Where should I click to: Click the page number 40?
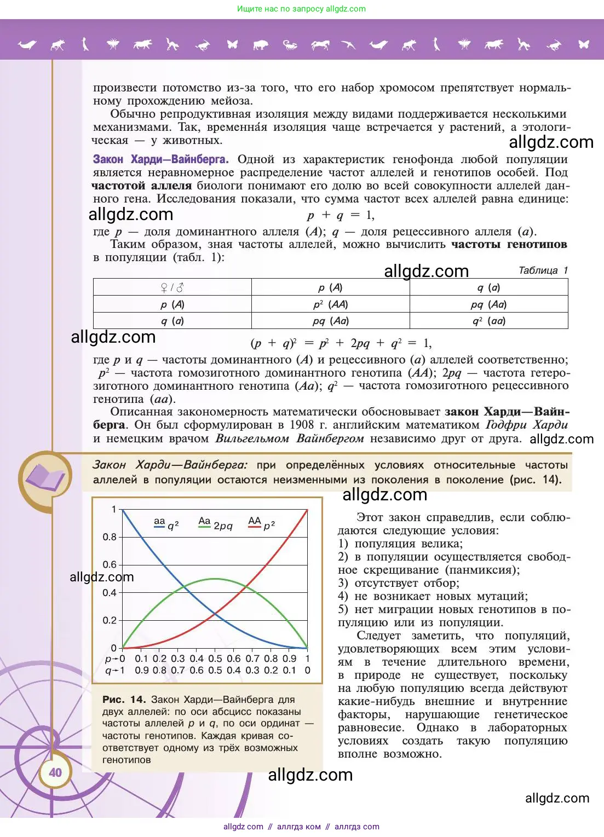tap(55, 772)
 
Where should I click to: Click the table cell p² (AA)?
tap(330, 304)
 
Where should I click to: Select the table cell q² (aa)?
tap(488, 321)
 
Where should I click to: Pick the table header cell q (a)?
tap(488, 287)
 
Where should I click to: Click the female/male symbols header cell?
tap(172, 287)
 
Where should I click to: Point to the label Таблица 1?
tap(543, 270)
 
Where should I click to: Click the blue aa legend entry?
tap(166, 524)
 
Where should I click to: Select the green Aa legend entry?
tap(215, 524)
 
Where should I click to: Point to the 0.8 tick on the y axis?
tap(110, 537)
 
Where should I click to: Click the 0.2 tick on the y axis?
tap(110, 620)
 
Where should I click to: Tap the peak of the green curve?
tap(215, 579)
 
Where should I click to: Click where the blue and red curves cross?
tap(215, 614)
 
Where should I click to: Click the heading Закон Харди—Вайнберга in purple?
tap(160, 159)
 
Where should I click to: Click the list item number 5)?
tap(343, 609)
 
